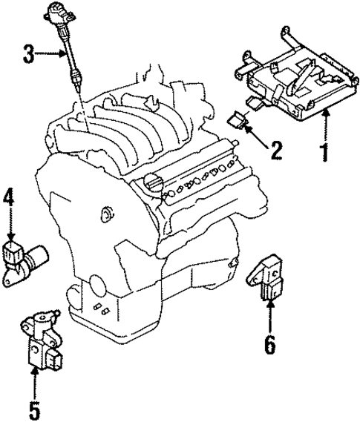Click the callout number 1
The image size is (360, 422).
[x=324, y=152]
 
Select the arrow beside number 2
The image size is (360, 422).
[x=255, y=136]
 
